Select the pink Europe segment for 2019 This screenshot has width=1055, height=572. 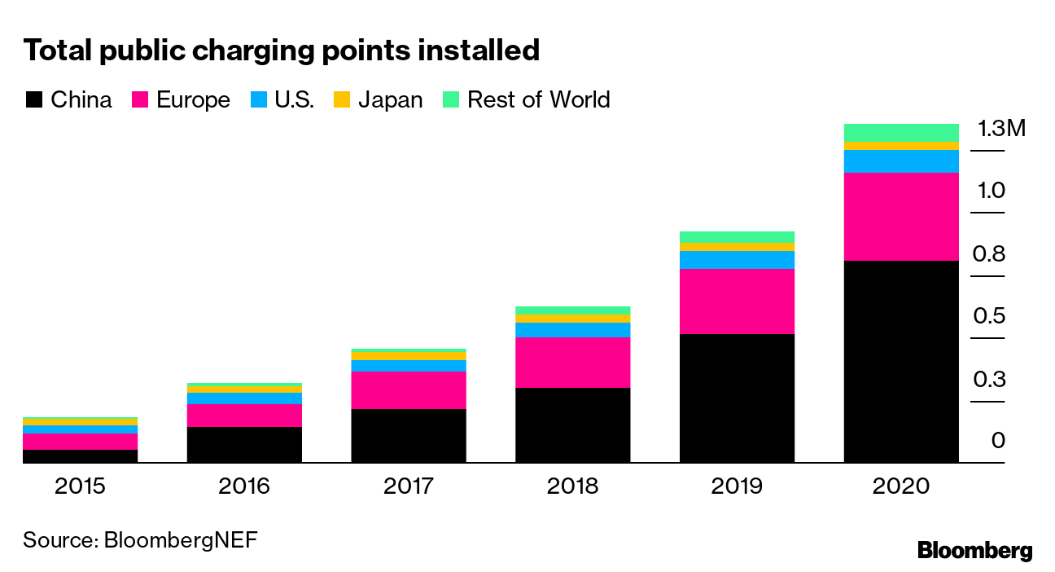pos(737,301)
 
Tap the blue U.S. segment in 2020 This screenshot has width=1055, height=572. pos(901,161)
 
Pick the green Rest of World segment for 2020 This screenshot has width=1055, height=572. pos(901,132)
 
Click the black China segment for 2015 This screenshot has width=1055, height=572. pos(80,455)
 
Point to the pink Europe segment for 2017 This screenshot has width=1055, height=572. pos(409,389)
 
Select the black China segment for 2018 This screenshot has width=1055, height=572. pos(573,425)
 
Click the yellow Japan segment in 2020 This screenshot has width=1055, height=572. pos(901,146)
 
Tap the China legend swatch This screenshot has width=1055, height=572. pos(33,100)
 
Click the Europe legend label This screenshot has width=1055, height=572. pos(193,100)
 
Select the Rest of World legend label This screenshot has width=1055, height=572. pos(538,100)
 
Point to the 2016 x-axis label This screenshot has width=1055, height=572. pos(244,487)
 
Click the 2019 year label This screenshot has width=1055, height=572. pos(737,487)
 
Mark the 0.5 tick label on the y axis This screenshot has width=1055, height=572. pos(988,317)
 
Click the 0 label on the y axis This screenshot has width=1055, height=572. pos(998,442)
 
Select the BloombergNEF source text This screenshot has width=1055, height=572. pos(181,540)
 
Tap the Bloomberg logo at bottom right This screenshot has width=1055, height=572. pos(974,551)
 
